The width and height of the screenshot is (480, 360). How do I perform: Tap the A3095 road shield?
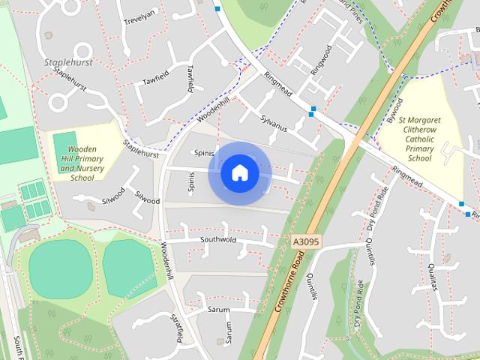304,241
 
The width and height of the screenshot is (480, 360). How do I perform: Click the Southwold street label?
218,240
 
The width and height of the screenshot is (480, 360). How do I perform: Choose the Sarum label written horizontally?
219,308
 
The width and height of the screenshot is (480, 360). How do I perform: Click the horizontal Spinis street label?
204,152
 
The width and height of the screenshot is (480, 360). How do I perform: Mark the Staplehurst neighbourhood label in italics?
68,62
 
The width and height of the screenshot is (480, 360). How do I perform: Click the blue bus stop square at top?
217,9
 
